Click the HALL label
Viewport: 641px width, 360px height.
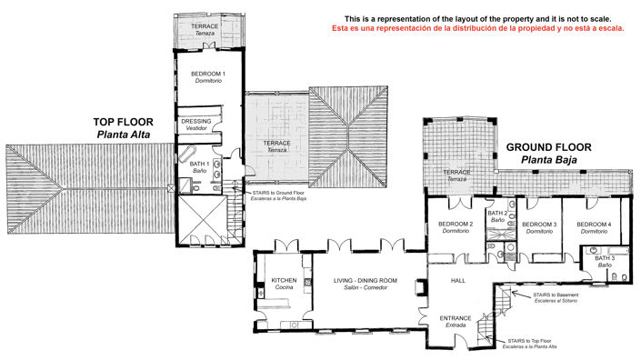pyautogui.click(x=458, y=281)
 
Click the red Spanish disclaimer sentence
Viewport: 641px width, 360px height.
pyautogui.click(x=476, y=28)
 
